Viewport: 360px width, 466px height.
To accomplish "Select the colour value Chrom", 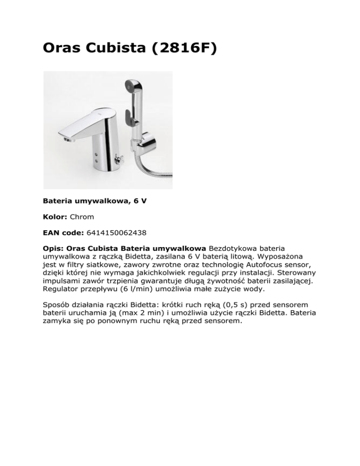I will click(x=82, y=218).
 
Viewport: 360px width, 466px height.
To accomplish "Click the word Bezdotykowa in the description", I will click(x=230, y=247).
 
